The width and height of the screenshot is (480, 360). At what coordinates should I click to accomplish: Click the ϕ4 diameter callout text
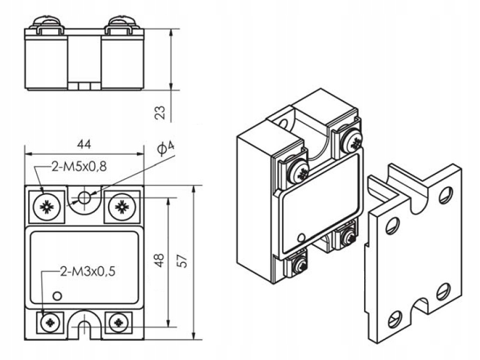(167, 148)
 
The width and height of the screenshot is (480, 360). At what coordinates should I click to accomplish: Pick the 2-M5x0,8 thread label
(78, 167)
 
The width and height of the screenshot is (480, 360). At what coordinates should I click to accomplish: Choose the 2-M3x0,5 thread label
(88, 271)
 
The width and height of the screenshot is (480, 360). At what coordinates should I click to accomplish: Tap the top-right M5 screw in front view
(122, 206)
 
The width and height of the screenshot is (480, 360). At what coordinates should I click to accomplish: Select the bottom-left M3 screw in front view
(47, 322)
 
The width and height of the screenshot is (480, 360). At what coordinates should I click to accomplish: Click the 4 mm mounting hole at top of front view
(84, 198)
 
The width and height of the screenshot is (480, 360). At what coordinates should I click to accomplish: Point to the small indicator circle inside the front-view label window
(58, 295)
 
